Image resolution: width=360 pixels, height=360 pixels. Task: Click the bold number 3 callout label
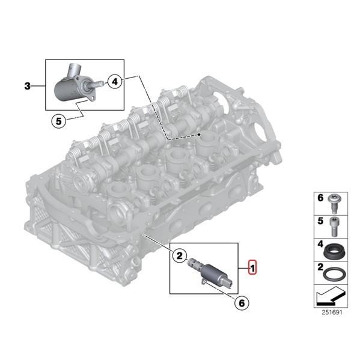[x=26, y=87]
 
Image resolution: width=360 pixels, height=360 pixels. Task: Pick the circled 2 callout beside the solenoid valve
[x=178, y=257]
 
